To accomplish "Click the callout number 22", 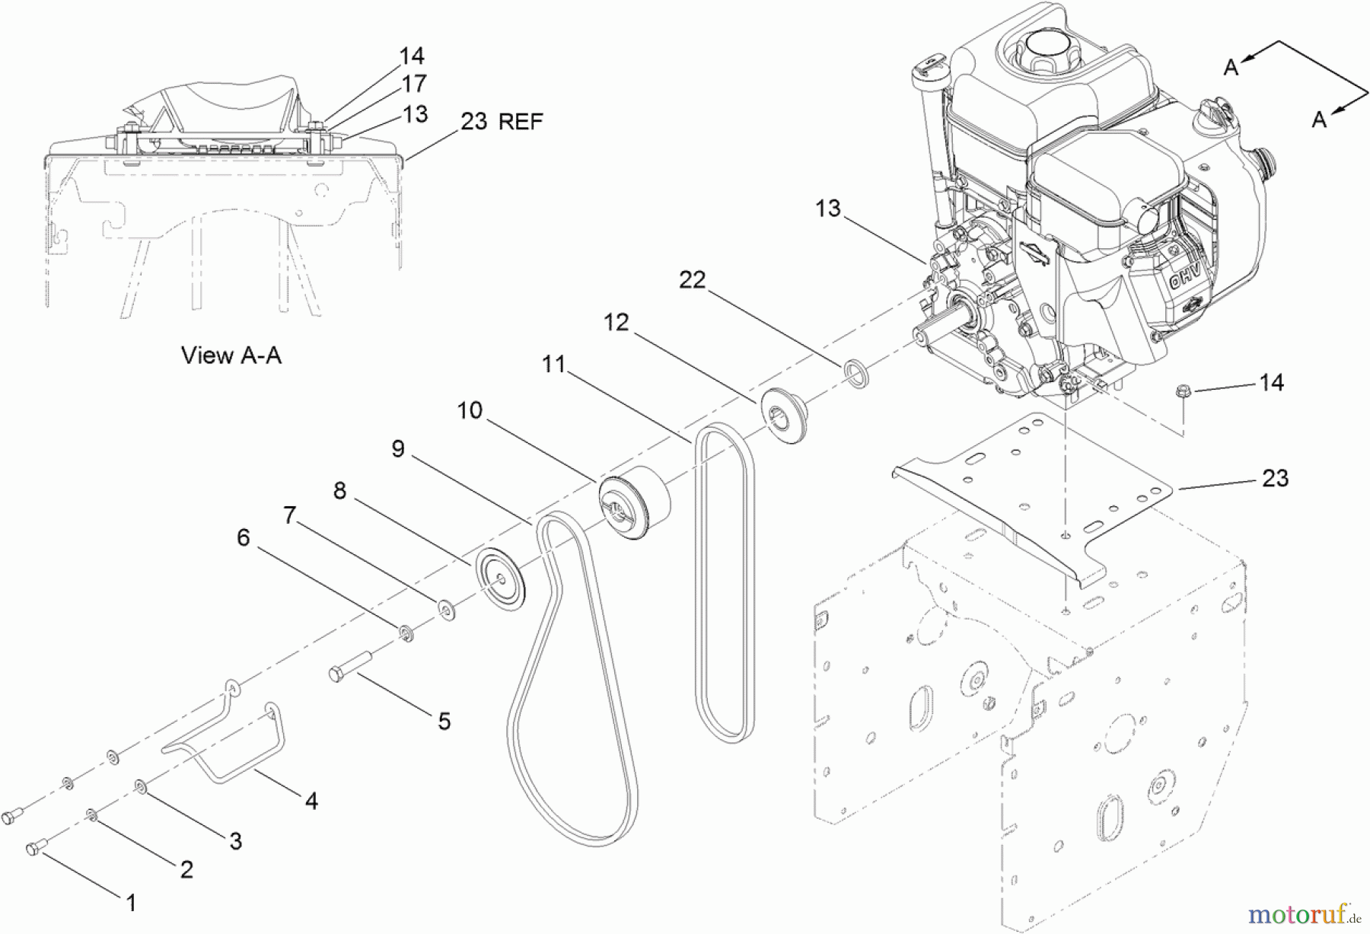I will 692,280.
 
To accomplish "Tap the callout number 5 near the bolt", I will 444,721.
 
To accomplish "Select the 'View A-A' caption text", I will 231,355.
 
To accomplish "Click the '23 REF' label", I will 502,121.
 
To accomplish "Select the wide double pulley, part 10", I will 634,502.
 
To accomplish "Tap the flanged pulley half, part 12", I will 781,414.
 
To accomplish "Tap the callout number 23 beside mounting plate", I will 1275,478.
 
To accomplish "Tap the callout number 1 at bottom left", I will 131,903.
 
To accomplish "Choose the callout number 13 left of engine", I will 827,208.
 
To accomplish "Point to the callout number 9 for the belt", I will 398,449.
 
